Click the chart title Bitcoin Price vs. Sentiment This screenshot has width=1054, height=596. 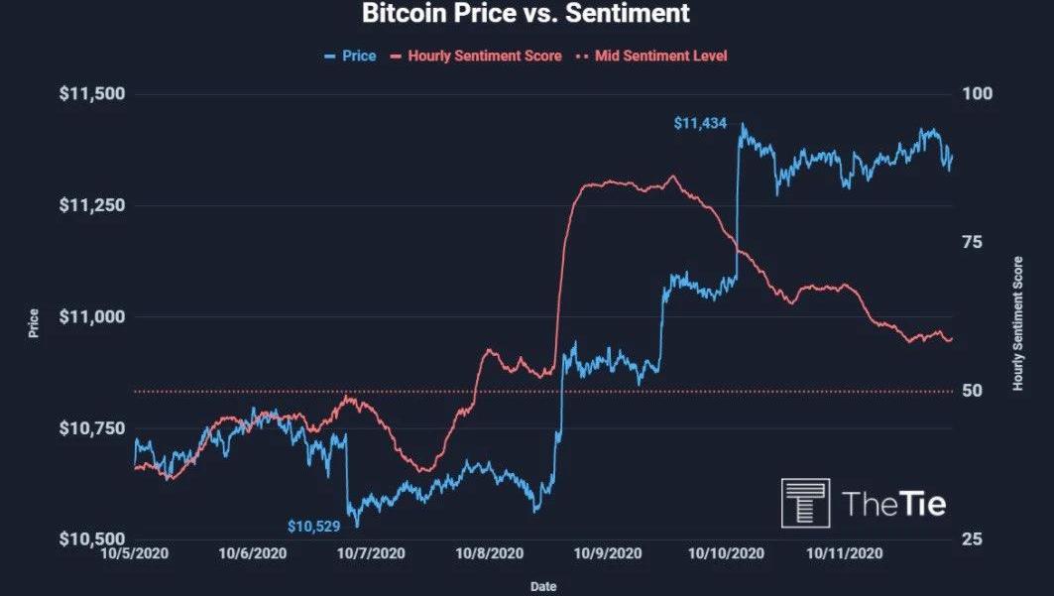[526, 15]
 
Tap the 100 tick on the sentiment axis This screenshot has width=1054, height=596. [977, 94]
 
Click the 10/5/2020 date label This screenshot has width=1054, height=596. [134, 553]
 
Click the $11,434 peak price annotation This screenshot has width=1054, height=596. [700, 124]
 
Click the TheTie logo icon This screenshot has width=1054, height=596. [805, 503]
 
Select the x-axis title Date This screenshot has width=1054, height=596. [542, 586]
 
